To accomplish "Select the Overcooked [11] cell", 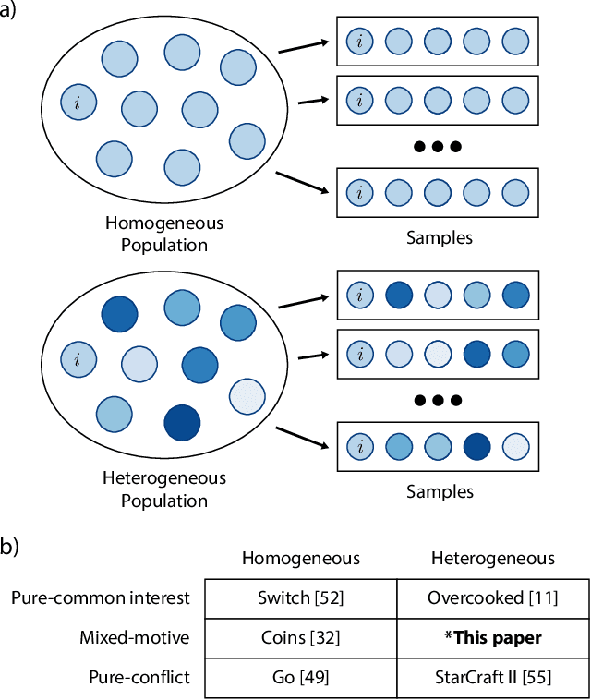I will click(x=493, y=597).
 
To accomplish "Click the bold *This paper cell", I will click(x=493, y=637).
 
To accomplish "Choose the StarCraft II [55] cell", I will click(x=493, y=677).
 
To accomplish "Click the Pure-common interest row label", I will click(x=101, y=597).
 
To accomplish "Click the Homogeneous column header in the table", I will click(x=300, y=558).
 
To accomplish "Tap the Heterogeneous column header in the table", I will click(x=493, y=558).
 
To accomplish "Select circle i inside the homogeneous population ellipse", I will click(x=78, y=102).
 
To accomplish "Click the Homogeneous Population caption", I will click(x=164, y=235).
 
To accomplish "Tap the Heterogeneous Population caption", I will click(x=164, y=490).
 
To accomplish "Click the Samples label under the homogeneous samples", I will click(x=440, y=237).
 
